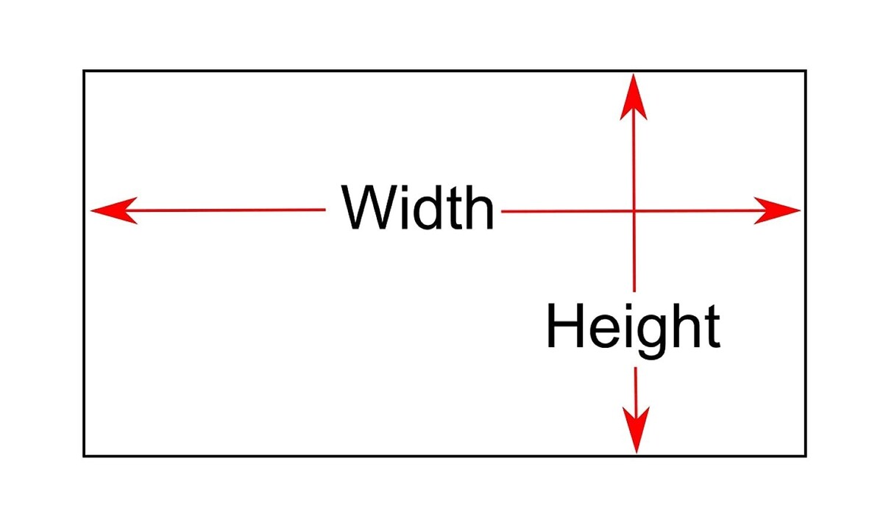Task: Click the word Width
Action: [418, 208]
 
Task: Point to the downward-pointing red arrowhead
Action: [636, 430]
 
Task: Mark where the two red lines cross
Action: [634, 212]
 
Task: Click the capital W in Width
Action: [366, 208]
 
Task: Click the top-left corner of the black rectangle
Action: [84, 71]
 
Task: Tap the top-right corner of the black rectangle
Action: [806, 71]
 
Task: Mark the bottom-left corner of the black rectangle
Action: [84, 456]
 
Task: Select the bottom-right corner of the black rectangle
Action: [806, 456]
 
